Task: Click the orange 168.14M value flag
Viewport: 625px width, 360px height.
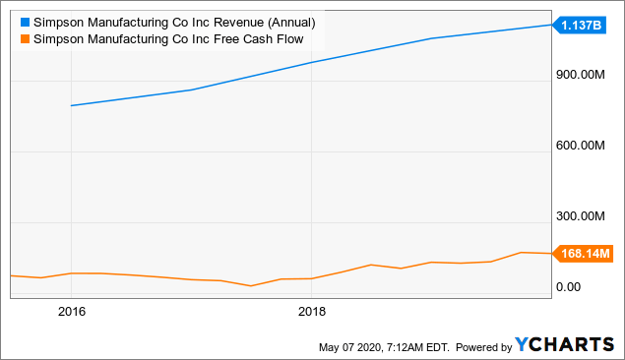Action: point(584,254)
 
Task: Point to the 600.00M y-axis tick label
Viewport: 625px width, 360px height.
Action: point(583,146)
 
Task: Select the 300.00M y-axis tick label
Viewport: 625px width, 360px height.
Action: point(583,216)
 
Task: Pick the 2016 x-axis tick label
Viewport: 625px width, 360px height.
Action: point(72,312)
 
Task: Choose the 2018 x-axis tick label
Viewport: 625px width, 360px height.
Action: point(311,312)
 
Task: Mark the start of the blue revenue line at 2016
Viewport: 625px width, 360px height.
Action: point(72,105)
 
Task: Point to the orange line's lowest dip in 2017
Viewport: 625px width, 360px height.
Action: point(252,286)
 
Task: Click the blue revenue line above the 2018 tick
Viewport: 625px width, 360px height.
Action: point(311,62)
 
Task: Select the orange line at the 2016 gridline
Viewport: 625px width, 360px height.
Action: point(72,273)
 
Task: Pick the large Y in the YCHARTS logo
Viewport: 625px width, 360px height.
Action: point(522,345)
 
